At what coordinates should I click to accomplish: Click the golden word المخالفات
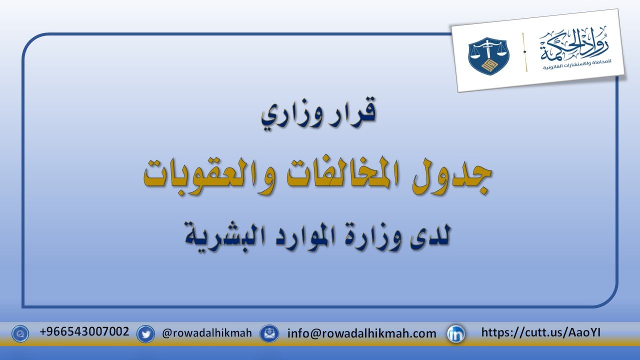[x=340, y=174]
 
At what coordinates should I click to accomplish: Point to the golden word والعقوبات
[x=208, y=175]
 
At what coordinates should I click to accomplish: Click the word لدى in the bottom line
[x=430, y=235]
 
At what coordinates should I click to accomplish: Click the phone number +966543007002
[x=84, y=331]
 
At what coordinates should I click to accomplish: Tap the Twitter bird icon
[x=145, y=333]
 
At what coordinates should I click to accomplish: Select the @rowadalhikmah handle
[x=207, y=333]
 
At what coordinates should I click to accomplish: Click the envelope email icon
[x=269, y=333]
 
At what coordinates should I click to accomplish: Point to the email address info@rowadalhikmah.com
[x=361, y=333]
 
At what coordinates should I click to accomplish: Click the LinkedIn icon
[x=455, y=333]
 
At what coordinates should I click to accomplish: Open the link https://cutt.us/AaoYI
[x=541, y=332]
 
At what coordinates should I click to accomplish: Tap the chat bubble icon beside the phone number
[x=20, y=333]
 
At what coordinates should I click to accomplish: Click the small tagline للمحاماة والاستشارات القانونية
[x=577, y=65]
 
